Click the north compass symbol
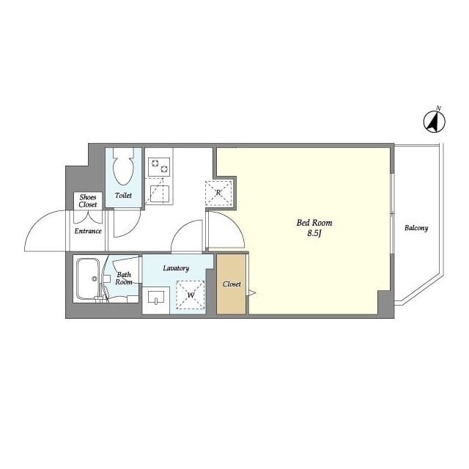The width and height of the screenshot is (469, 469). pos(435,122)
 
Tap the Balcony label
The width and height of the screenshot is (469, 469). pos(416,228)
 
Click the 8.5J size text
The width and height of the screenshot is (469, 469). pos(314,233)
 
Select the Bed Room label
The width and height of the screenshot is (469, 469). pos(314,223)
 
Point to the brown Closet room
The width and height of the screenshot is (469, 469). pos(232,284)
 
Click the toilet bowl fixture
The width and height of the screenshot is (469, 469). pos(123,166)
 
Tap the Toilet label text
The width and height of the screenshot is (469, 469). pos(123,196)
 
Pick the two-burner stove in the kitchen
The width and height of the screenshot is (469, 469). pos(159,167)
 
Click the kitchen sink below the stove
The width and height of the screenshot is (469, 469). pos(160,193)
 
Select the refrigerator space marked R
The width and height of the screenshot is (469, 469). pos(218,193)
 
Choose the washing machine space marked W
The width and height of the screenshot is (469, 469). pos(191,295)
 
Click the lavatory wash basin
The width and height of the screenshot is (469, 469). pos(156,298)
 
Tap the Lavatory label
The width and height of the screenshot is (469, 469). pos(176,268)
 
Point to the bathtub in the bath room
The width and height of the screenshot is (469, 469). pos(88,278)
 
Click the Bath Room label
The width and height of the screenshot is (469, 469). pos(124,278)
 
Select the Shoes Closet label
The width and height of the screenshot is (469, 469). pos(88,201)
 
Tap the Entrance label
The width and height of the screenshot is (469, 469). pos(88,232)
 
